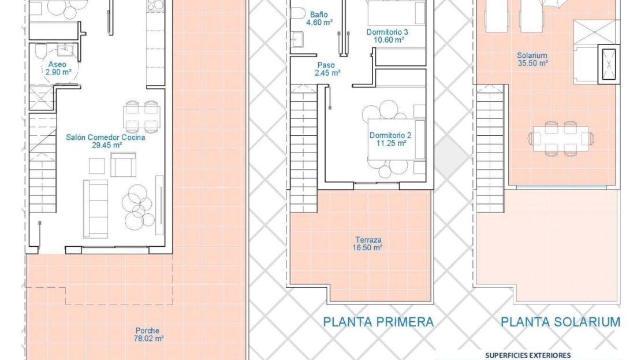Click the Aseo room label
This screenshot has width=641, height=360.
pyautogui.click(x=57, y=64)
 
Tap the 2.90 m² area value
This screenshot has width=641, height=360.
pyautogui.click(x=58, y=72)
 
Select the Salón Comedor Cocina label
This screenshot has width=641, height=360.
pyautogui.click(x=106, y=138)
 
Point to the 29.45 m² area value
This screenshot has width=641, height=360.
pyautogui.click(x=107, y=145)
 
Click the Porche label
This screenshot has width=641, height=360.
pyautogui.click(x=148, y=331)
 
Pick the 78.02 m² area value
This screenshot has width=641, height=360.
pyautogui.click(x=149, y=338)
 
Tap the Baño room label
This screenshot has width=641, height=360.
pyautogui.click(x=319, y=14)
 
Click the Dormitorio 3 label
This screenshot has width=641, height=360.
pyautogui.click(x=387, y=32)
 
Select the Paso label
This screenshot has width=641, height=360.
pyautogui.click(x=326, y=65)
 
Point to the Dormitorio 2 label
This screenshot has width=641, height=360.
pyautogui.click(x=390, y=135)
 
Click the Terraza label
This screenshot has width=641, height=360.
pyautogui.click(x=368, y=240)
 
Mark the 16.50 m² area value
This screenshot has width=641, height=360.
pyautogui.click(x=367, y=247)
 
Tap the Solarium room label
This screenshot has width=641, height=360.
pyautogui.click(x=532, y=55)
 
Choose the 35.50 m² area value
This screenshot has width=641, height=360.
pyautogui.click(x=533, y=63)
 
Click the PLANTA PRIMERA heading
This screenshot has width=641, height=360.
pyautogui.click(x=378, y=322)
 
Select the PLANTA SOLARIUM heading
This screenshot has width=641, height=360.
pyautogui.click(x=561, y=322)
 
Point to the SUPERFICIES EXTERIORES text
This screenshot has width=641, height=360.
pyautogui.click(x=528, y=355)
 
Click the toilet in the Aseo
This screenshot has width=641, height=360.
pyautogui.click(x=40, y=51)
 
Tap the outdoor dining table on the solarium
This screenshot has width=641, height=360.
pyautogui.click(x=561, y=138)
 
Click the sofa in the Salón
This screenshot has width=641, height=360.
pyautogui.click(x=96, y=209)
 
